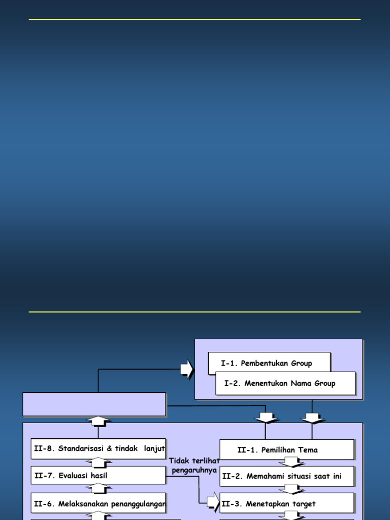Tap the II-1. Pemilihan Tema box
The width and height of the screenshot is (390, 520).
click(x=286, y=450)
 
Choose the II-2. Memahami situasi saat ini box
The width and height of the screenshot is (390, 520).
click(x=286, y=476)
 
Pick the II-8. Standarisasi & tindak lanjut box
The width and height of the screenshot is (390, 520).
click(x=98, y=448)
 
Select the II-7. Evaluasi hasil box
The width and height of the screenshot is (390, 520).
click(x=98, y=475)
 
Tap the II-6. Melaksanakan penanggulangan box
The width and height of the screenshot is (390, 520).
click(x=98, y=503)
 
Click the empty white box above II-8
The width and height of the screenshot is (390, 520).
click(x=94, y=404)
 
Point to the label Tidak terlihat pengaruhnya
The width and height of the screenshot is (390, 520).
click(x=194, y=465)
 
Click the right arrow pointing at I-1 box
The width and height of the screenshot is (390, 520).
click(x=187, y=370)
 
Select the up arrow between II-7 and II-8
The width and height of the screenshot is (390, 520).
click(x=99, y=462)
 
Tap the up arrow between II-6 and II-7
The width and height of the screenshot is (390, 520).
click(x=99, y=489)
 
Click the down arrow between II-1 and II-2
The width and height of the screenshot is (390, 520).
click(x=291, y=463)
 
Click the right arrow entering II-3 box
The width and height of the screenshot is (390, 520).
click(x=214, y=503)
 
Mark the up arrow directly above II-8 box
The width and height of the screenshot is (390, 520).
click(x=99, y=421)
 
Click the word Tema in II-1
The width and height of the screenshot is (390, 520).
click(x=309, y=450)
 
